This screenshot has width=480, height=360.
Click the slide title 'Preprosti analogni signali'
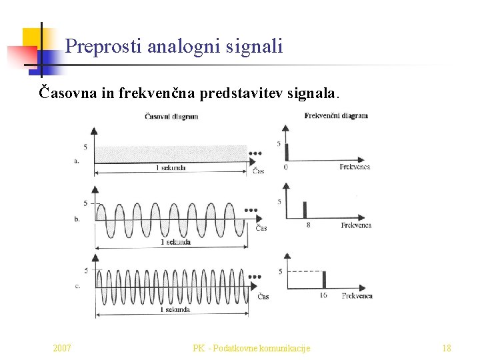[x=174, y=47]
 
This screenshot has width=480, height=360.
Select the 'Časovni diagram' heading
[x=171, y=117]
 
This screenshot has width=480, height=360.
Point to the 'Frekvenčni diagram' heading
[x=336, y=115]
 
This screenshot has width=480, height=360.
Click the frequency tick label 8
[x=307, y=225]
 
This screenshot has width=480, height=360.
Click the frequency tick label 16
[x=323, y=295]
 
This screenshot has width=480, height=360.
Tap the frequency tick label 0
[x=286, y=167]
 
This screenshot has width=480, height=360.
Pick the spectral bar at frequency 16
[x=322, y=280]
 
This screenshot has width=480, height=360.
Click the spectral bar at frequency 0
[x=286, y=151]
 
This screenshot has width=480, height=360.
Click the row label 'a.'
[x=78, y=160]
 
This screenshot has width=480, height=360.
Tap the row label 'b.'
[x=78, y=219]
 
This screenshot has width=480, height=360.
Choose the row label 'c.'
[x=78, y=285]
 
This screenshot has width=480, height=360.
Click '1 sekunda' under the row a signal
[x=170, y=168]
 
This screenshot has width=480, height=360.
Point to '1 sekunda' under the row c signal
[x=175, y=310]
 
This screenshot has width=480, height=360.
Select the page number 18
[x=447, y=348]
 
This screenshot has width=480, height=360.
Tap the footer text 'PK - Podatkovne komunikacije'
[x=251, y=348]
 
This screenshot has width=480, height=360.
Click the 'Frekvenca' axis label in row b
[x=356, y=225]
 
